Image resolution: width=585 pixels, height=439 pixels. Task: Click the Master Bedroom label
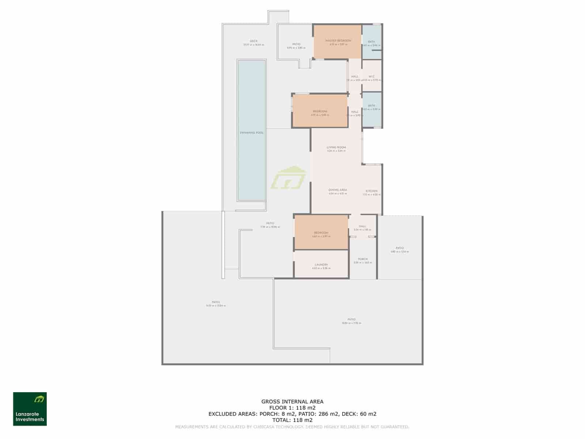coord(338,41)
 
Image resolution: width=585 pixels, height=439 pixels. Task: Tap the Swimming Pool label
coord(252,133)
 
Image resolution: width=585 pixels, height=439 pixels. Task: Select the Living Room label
coord(336,147)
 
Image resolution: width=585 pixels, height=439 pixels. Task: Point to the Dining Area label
coord(337,190)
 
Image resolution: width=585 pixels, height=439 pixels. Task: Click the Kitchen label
coord(371,191)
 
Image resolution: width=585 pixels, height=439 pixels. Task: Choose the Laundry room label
coord(321,264)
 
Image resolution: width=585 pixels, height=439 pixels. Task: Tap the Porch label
coord(363,259)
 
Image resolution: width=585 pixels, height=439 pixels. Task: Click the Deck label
coord(254,41)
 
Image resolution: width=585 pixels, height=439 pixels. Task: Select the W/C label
coord(371,76)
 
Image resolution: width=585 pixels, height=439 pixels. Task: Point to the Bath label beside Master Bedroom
coord(371,42)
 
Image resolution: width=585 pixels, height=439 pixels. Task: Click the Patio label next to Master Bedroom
coord(296,44)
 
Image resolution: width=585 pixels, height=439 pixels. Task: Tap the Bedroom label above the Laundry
coord(321,233)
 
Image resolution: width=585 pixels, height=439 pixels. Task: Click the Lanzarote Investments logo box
coord(30,409)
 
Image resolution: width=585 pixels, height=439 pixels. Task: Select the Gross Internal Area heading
coord(292,402)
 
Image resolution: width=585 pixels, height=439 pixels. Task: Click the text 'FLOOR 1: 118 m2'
coord(292,408)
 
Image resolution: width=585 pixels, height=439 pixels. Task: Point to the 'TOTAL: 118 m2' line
coord(292,420)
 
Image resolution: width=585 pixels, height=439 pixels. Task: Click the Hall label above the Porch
coord(362,226)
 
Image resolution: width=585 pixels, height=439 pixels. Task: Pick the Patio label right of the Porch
coord(400,248)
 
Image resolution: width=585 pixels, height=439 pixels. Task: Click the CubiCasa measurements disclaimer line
coord(292,427)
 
